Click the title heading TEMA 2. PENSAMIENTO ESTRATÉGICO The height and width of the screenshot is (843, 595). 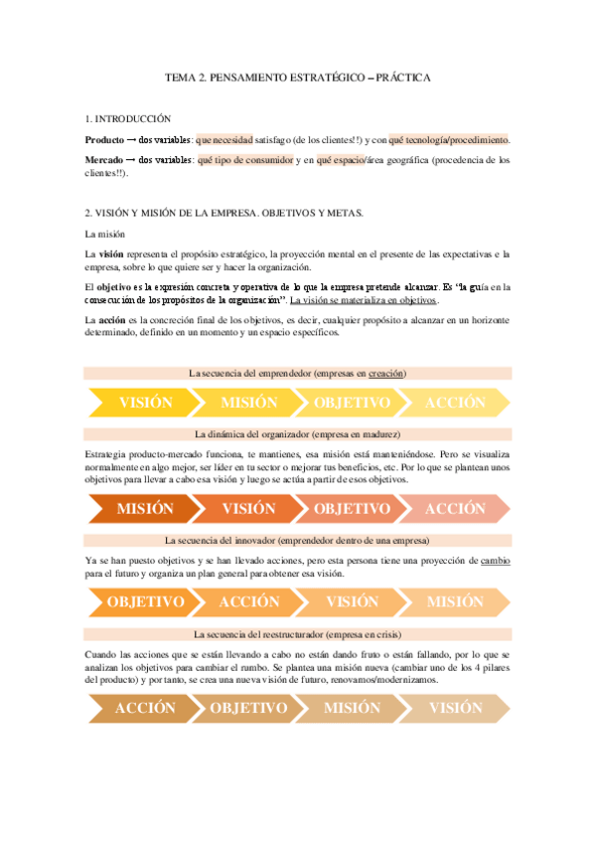pos(297,77)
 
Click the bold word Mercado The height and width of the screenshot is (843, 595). pos(105,159)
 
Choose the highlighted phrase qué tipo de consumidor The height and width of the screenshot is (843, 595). pos(245,159)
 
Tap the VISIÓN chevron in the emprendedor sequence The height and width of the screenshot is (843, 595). pos(146,403)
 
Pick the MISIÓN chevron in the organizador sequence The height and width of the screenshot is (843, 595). pos(146,508)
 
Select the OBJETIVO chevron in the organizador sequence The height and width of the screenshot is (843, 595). pos(352,508)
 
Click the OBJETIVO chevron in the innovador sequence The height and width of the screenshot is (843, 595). pos(146,601)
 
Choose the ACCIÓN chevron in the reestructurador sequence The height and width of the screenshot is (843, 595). pos(146,708)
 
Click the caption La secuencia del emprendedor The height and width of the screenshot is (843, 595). pos(298,373)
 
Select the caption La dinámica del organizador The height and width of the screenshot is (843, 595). pos(298,434)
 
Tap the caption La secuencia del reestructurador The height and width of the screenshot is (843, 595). pos(298,634)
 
